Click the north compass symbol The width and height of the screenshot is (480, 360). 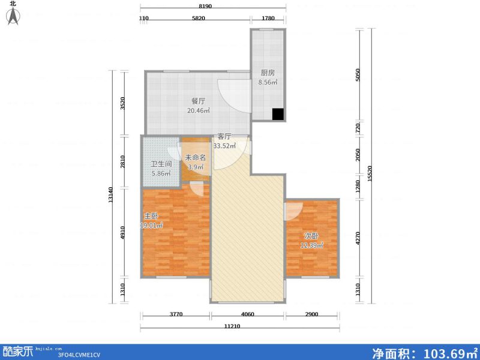[x=13, y=16]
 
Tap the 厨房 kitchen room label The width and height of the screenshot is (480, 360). [x=268, y=73]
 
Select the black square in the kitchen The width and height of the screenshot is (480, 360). [x=278, y=113]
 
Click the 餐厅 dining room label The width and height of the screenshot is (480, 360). [x=199, y=101]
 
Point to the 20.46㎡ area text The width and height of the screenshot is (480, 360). [x=199, y=110]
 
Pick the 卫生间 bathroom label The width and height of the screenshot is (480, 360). [x=161, y=164]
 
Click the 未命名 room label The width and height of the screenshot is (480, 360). [x=195, y=158]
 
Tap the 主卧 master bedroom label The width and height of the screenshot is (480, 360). [x=151, y=216]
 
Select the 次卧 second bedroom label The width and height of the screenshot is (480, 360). [x=311, y=236]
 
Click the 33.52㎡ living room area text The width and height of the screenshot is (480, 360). [x=224, y=145]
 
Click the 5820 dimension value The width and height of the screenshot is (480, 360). [x=199, y=19]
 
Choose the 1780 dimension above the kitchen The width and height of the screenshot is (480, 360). [x=268, y=19]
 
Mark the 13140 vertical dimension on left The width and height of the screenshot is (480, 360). [x=111, y=196]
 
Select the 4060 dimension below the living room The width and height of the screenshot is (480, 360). [x=247, y=314]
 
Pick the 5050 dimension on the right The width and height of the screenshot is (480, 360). [x=358, y=75]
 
